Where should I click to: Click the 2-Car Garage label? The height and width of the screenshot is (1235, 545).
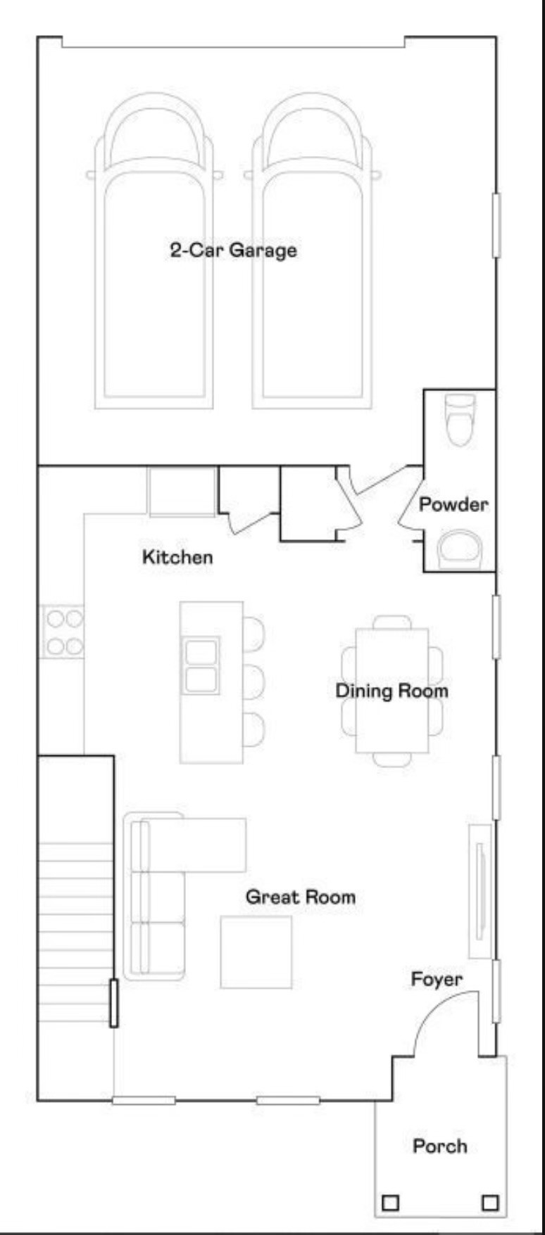[x=233, y=250]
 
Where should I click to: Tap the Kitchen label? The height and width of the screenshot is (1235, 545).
[x=177, y=557]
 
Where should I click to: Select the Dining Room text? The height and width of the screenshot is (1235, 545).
[x=391, y=691]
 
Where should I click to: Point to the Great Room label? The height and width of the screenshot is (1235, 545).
[x=301, y=897]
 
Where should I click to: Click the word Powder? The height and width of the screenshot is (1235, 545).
[x=453, y=504]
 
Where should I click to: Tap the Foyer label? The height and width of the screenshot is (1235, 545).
[x=437, y=979]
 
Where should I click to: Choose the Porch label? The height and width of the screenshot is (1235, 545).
[x=439, y=1146]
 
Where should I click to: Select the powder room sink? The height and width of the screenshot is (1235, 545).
[x=461, y=549]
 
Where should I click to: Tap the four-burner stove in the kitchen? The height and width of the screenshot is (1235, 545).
[x=63, y=632]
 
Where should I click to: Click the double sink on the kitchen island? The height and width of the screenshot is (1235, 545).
[x=201, y=665]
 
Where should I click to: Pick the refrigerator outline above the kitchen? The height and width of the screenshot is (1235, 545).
[x=182, y=491]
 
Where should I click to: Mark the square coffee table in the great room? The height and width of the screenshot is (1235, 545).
[x=256, y=952]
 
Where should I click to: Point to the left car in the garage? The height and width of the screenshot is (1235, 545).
[x=154, y=253]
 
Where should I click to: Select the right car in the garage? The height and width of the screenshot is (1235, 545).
[x=312, y=253]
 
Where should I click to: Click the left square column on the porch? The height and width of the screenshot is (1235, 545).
[x=389, y=1203]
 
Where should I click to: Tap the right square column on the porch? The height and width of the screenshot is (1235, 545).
[x=490, y=1203]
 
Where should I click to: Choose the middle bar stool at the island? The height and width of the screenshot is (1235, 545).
[x=254, y=682]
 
